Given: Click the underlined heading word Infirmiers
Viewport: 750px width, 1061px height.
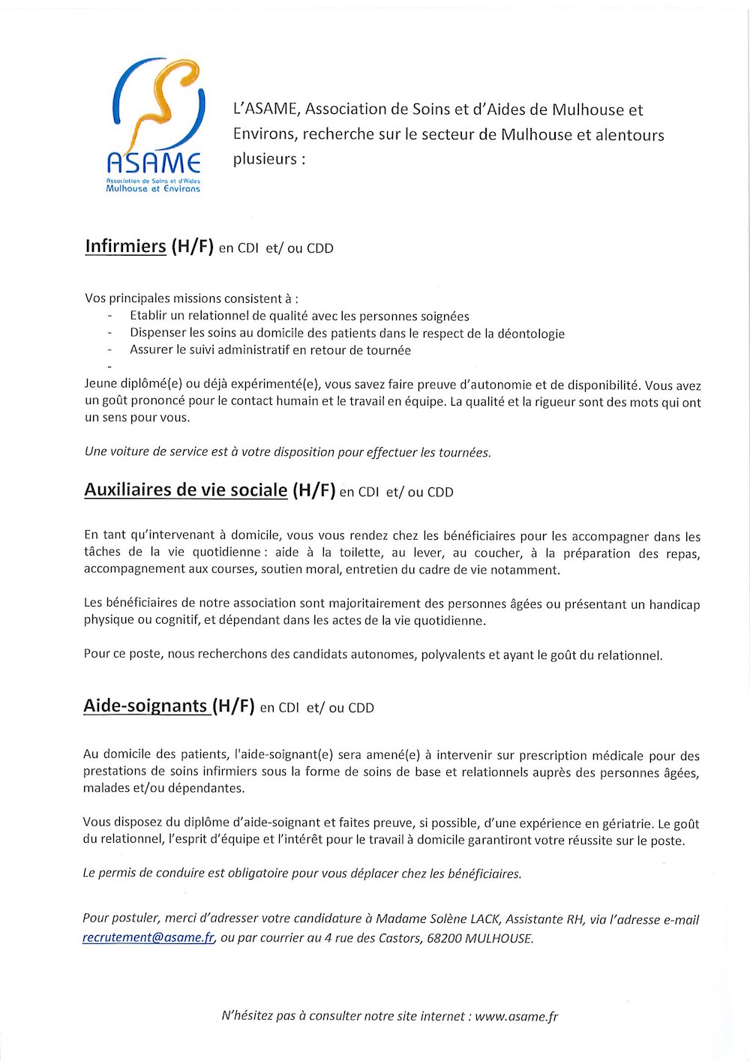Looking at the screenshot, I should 125,247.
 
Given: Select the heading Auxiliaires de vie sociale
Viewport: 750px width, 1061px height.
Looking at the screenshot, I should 185,490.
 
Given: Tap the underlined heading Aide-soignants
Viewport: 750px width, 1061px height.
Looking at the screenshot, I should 145,706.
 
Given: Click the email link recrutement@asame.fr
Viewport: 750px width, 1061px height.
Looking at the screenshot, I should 148,938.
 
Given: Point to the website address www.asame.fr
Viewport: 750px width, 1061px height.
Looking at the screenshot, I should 517,1017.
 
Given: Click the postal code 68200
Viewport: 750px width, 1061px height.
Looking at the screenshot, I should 444,939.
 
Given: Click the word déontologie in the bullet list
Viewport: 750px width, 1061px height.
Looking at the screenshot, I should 531,334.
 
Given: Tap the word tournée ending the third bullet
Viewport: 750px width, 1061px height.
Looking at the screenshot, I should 388,350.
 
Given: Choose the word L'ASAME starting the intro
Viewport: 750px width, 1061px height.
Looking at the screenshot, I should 266,109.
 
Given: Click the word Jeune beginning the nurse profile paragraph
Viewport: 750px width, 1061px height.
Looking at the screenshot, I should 101,385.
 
